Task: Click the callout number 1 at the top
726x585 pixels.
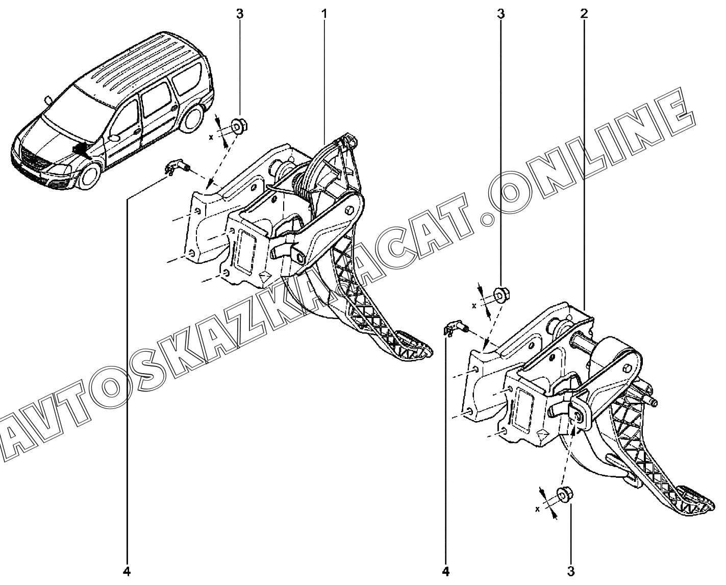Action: (324, 14)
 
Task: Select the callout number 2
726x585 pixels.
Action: (584, 14)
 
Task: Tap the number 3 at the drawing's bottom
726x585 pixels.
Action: (571, 571)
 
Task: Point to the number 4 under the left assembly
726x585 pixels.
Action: (127, 571)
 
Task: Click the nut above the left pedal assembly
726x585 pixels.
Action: (239, 126)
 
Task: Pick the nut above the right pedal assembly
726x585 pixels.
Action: (501, 294)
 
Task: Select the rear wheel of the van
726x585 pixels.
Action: (192, 119)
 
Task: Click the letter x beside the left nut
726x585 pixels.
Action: (211, 137)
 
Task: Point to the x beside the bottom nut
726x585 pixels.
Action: (537, 509)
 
